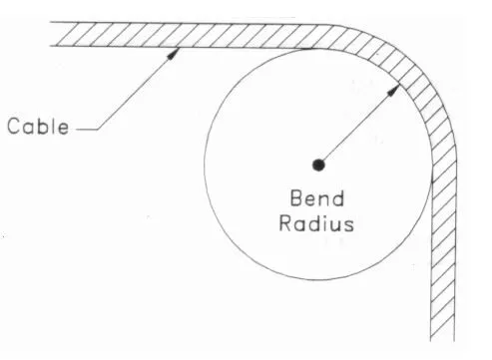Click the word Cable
point(38,127)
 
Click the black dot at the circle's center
point(318,165)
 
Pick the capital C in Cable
point(14,127)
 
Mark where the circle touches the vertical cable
point(431,165)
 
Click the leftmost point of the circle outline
point(205,165)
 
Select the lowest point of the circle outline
point(318,278)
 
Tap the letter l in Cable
point(53,127)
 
